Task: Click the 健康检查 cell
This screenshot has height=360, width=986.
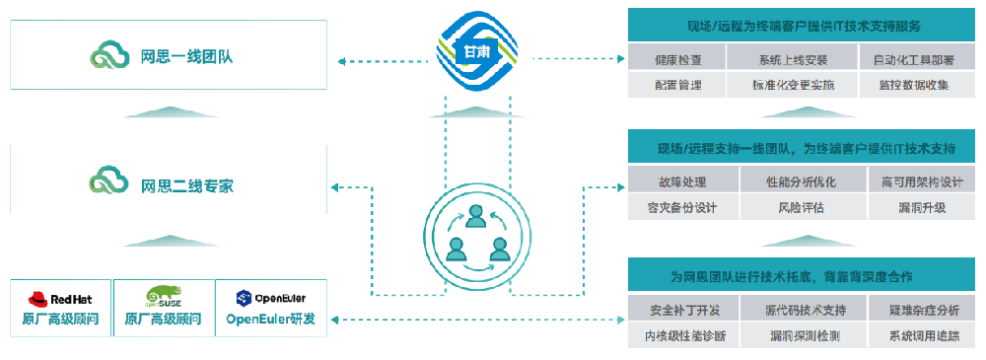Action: coord(677,60)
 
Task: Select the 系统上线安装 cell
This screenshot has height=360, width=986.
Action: coord(793,60)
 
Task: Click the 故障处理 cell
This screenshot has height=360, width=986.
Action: coord(684,181)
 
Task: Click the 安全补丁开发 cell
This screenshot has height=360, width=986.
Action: coord(684,311)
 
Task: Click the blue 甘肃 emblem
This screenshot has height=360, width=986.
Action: coord(476,51)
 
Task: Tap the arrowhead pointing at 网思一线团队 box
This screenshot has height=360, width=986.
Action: coord(341,61)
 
